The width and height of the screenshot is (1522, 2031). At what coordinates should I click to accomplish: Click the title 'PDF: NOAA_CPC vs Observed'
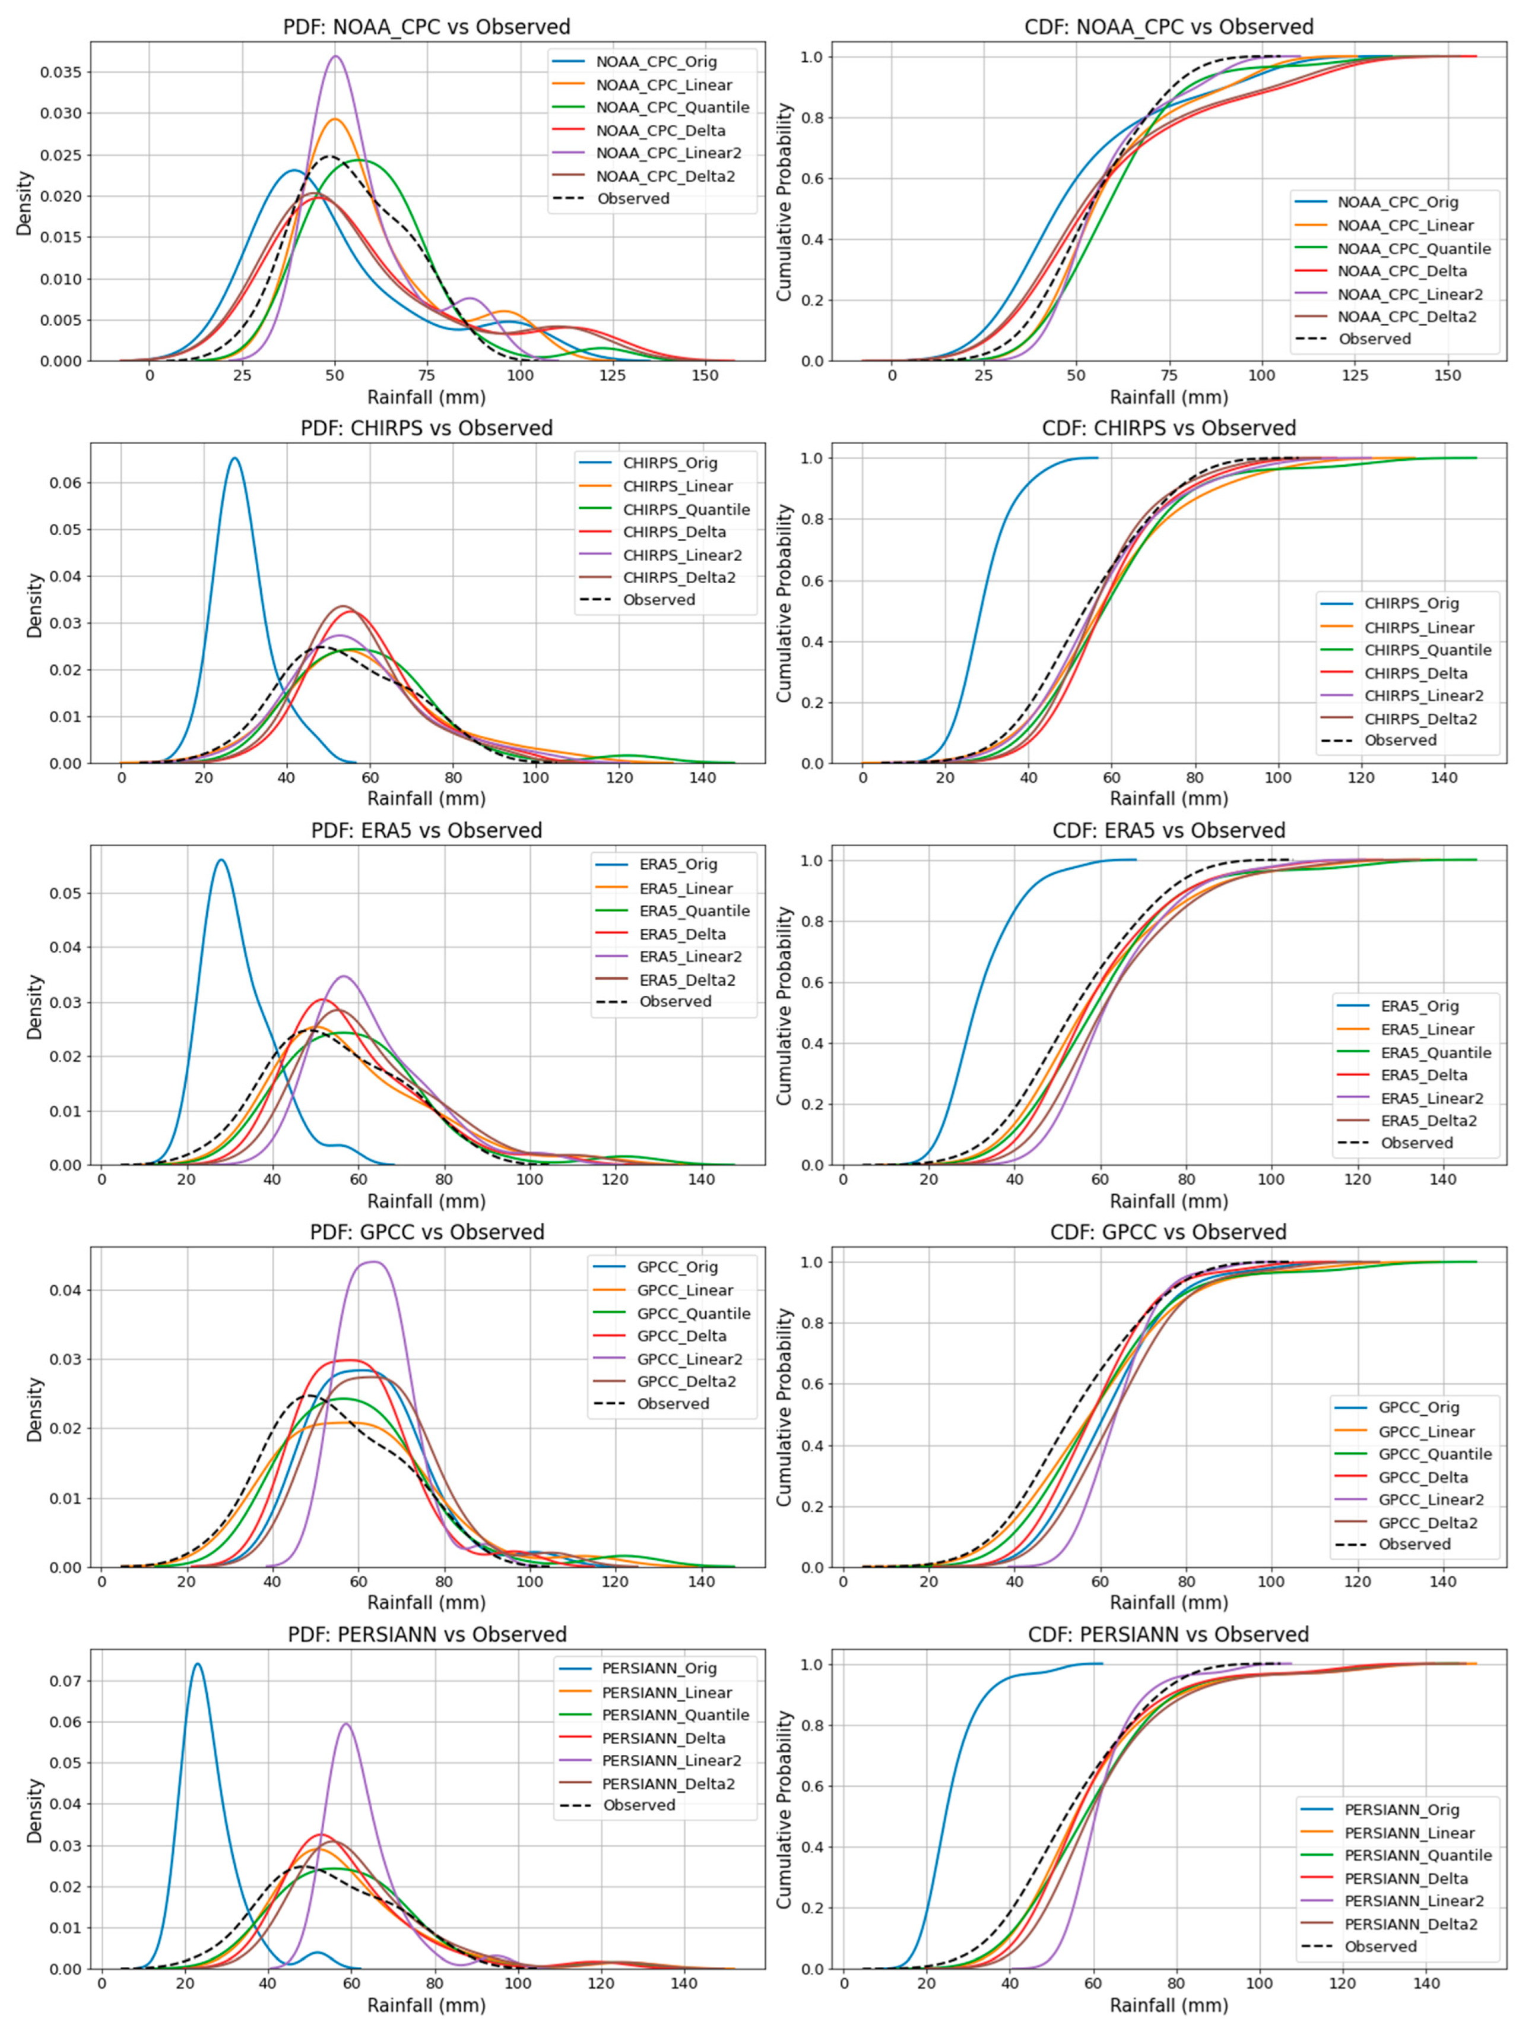(x=426, y=27)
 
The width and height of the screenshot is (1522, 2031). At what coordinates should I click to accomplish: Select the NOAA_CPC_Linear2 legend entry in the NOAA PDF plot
(x=668, y=153)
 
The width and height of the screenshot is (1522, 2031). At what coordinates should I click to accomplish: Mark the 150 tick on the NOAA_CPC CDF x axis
(x=1448, y=375)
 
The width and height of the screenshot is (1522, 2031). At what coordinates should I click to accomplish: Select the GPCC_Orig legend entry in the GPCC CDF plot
(x=1418, y=1407)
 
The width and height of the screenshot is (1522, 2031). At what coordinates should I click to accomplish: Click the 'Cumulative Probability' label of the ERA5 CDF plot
(x=783, y=1005)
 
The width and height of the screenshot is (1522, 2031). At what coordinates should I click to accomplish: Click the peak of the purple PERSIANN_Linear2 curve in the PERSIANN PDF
(x=346, y=1723)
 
